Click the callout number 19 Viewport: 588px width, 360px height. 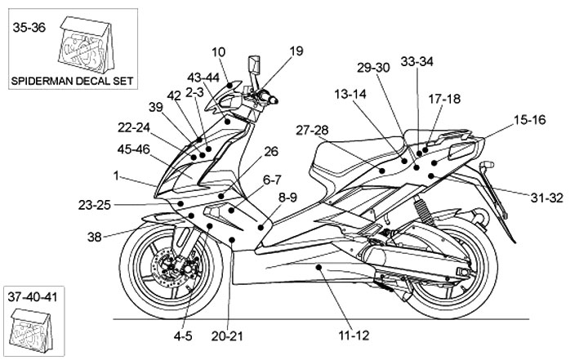coord(295,51)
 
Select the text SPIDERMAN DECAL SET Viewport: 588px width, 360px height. coord(72,81)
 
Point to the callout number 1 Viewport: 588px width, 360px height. coord(117,175)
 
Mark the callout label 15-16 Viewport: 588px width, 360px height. coord(530,120)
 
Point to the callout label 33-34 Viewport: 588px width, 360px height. coord(417,61)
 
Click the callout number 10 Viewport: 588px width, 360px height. coord(219,51)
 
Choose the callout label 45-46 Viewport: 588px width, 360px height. coord(134,149)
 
